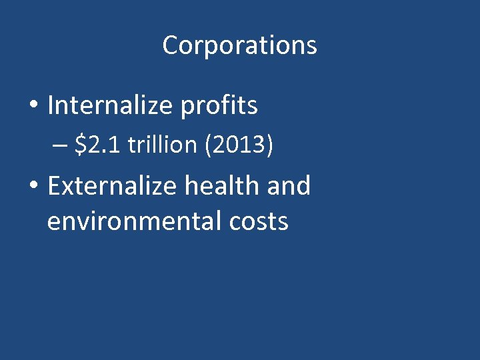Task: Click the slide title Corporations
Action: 239,46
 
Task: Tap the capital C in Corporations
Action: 169,46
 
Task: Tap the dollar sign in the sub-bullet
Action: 81,145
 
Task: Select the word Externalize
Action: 110,186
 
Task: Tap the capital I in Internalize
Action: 51,105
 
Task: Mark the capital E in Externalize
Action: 54,186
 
